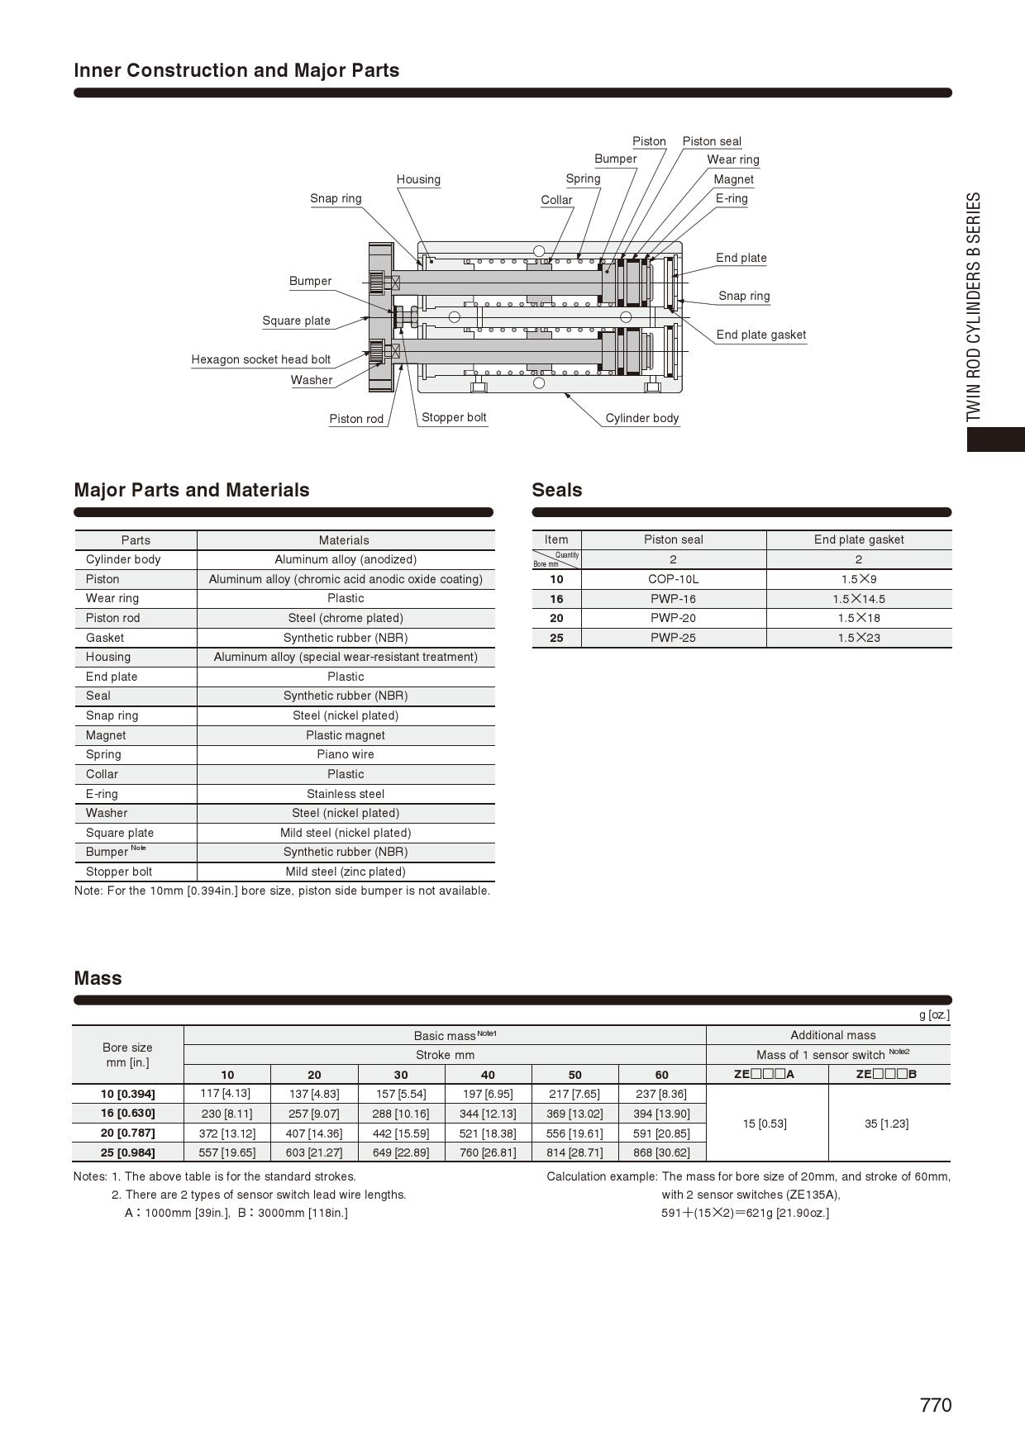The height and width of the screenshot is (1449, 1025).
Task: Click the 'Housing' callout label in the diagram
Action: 418,179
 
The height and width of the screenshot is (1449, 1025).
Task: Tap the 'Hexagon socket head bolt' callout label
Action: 260,359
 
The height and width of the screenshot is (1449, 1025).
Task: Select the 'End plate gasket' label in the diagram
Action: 760,335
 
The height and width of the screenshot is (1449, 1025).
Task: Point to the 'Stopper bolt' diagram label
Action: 454,417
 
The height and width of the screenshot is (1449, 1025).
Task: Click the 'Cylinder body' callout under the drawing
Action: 641,418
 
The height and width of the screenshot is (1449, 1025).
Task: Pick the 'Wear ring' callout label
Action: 732,159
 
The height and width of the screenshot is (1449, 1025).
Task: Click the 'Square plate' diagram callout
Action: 296,321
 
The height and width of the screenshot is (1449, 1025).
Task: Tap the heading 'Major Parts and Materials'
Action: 192,490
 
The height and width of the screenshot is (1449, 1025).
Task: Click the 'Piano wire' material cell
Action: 346,754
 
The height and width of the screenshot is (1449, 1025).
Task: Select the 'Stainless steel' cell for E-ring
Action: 346,794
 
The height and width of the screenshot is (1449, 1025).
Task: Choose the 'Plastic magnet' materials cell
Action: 346,735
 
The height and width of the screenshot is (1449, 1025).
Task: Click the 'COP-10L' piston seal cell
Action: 673,579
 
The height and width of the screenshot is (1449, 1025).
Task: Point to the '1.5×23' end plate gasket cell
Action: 859,638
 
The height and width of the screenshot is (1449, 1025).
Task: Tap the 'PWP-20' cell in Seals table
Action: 673,618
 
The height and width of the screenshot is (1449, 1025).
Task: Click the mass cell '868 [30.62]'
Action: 661,1152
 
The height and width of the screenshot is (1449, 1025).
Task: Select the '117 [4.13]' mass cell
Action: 226,1094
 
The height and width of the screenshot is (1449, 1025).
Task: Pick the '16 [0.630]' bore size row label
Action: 128,1113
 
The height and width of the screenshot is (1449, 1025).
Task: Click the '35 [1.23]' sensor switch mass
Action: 886,1124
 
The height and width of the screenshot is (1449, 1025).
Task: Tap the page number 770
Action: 936,1405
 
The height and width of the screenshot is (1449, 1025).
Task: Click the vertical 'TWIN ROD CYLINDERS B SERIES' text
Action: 975,306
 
